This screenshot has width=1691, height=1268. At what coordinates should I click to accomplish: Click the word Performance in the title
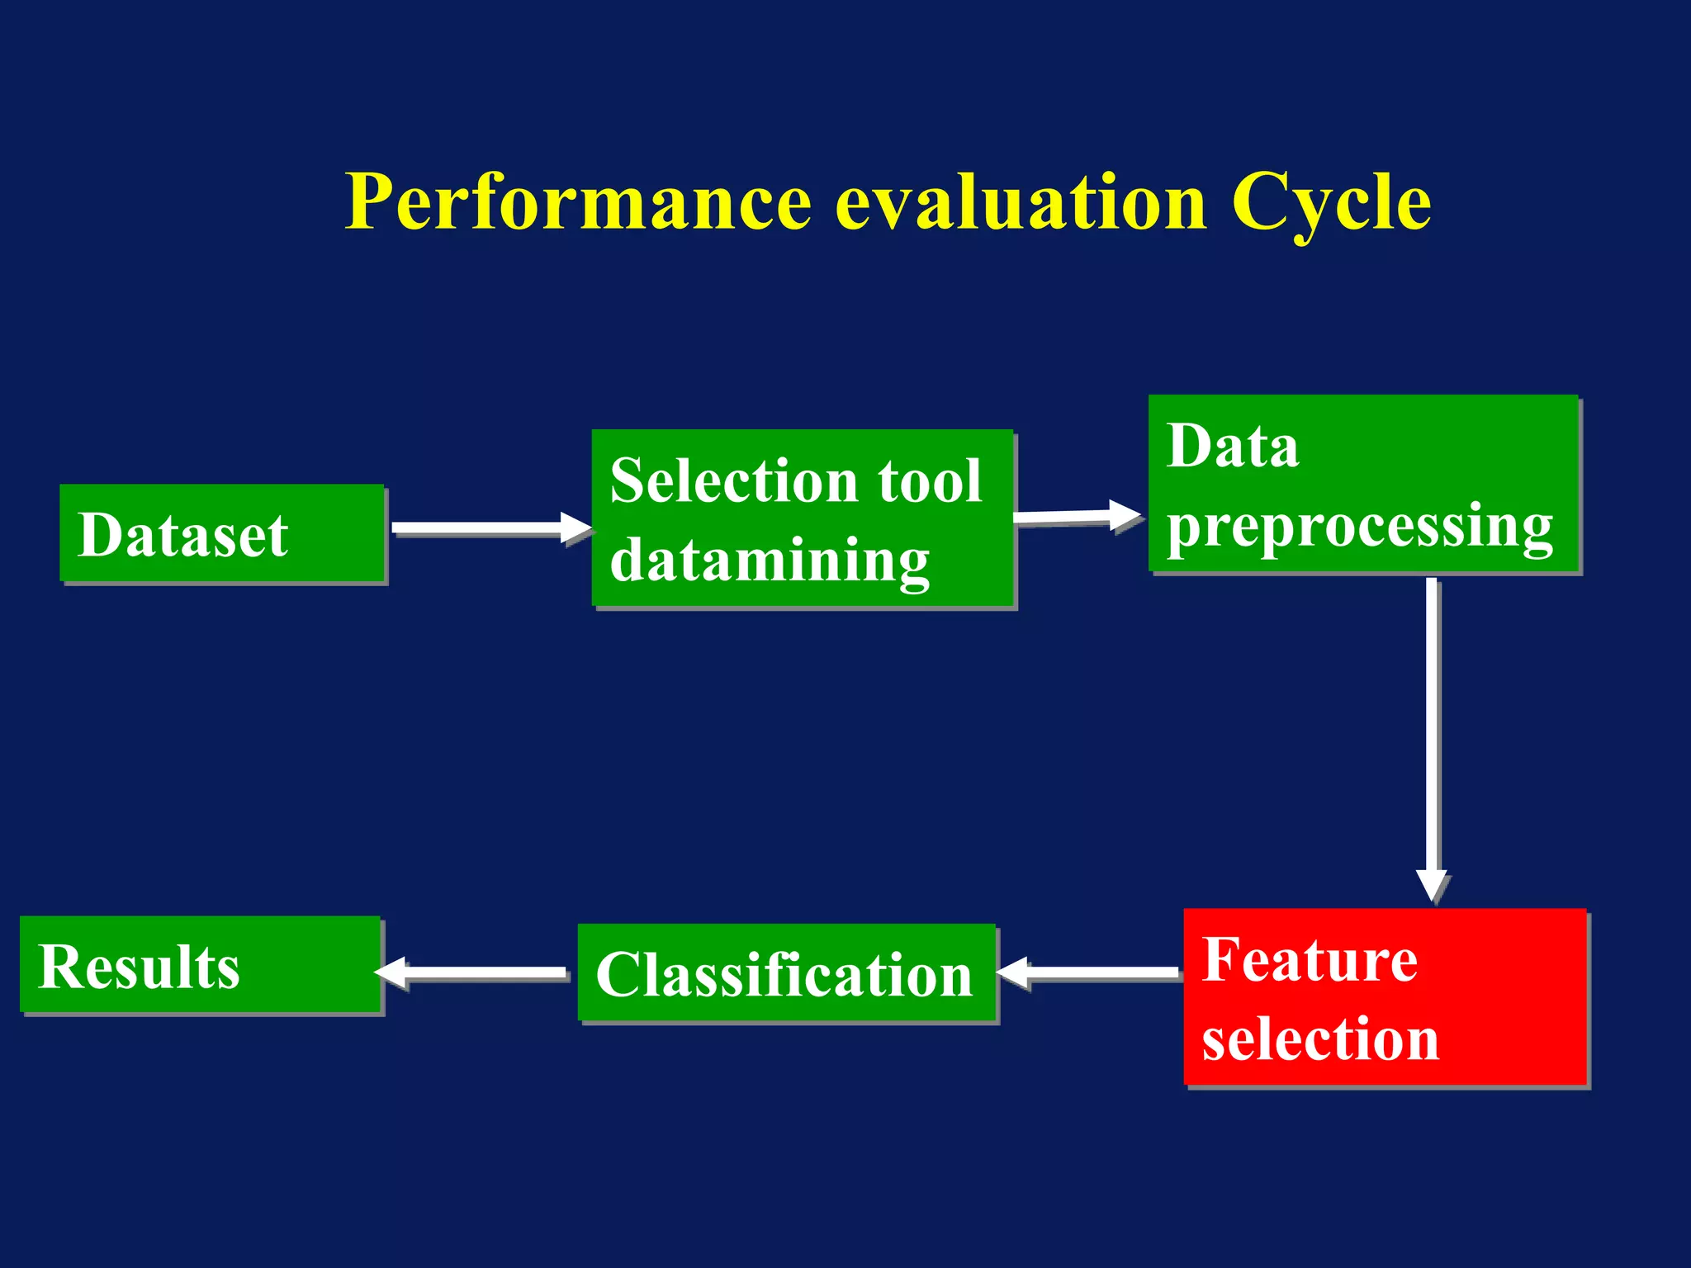[578, 202]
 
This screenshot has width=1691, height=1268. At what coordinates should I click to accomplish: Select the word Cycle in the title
[1330, 202]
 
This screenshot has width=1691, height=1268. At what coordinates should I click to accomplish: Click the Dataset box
[221, 534]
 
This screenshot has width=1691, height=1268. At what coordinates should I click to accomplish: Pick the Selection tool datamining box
[802, 518]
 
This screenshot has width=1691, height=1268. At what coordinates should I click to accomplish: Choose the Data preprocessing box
[1362, 484]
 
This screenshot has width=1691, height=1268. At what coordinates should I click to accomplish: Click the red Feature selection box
[1385, 996]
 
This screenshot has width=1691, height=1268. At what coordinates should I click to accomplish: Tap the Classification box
[786, 973]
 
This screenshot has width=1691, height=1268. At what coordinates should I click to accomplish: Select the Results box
[200, 964]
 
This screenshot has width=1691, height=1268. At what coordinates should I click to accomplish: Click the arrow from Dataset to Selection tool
[487, 528]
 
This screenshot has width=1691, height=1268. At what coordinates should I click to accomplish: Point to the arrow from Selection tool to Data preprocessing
[1073, 517]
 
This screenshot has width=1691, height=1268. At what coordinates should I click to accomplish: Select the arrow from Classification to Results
[475, 972]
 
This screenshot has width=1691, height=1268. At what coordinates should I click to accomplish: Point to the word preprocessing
[1359, 527]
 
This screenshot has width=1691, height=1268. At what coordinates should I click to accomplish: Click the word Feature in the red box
[1310, 959]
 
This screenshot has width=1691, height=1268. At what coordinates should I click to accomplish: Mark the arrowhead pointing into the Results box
[391, 972]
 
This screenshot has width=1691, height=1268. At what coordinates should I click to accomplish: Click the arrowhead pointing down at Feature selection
[1433, 885]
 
